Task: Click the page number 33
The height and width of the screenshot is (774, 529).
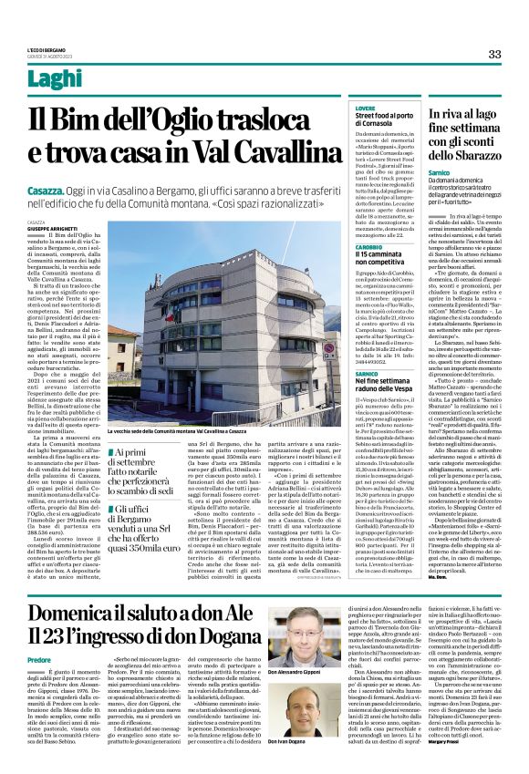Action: (x=494, y=55)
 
